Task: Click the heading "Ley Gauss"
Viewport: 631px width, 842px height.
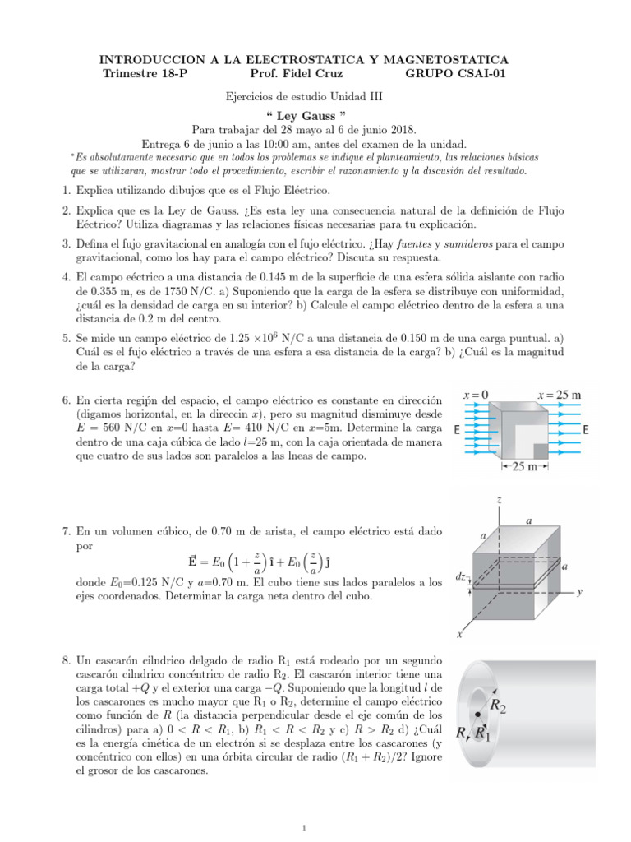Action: tap(304, 114)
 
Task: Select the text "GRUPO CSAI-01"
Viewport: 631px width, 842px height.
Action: tap(458, 76)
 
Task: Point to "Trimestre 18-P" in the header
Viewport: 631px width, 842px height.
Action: tap(145, 76)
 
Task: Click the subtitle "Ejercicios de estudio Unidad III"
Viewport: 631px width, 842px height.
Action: tap(304, 95)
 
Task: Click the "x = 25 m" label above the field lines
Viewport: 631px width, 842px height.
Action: tap(559, 395)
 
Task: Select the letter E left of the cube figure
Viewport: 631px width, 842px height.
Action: tap(457, 430)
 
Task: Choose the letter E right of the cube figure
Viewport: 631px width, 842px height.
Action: tap(584, 430)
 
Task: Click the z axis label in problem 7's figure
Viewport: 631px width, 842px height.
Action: tap(500, 499)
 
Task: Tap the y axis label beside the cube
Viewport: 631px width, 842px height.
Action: tap(579, 590)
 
